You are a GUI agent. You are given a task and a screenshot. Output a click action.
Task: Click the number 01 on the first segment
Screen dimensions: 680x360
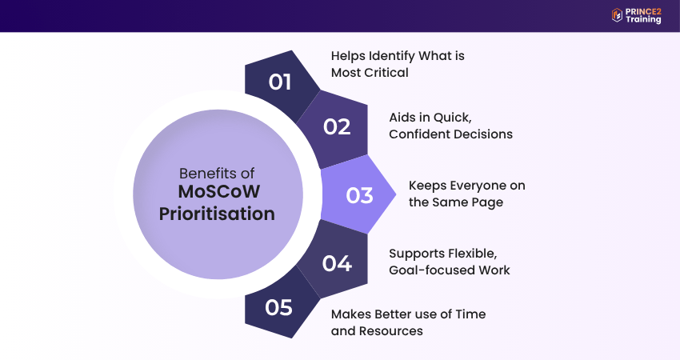(280, 82)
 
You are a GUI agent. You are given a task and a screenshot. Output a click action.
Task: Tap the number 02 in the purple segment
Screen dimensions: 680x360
(337, 127)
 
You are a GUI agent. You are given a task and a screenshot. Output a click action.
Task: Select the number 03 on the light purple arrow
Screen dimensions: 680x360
(359, 196)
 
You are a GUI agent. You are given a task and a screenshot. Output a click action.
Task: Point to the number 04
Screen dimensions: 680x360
(337, 263)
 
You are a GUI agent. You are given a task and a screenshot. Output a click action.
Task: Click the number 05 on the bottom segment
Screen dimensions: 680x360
(279, 307)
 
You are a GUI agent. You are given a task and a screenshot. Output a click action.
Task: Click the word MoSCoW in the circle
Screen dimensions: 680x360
(219, 192)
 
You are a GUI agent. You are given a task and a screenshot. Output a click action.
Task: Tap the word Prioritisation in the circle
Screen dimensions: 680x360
(217, 214)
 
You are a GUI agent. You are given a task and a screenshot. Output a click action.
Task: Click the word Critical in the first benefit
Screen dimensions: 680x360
(389, 73)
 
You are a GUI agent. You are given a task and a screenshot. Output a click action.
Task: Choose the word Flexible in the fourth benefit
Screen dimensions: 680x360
(473, 254)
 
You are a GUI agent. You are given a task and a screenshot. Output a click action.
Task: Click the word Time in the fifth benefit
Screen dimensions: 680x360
(470, 314)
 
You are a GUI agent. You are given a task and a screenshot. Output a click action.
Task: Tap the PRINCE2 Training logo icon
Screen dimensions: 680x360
(617, 15)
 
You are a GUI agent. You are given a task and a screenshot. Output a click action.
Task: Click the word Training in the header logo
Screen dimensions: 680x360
(643, 19)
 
